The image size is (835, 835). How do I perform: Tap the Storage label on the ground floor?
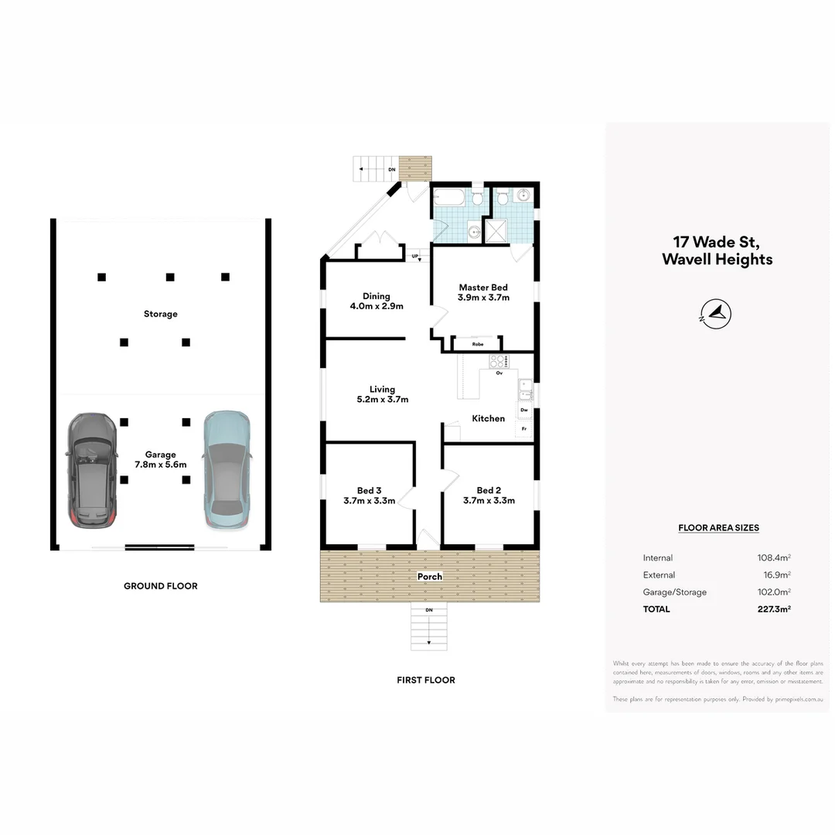(160, 314)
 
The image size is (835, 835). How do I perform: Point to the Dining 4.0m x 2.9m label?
(377, 301)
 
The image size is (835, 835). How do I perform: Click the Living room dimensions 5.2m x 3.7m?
(382, 400)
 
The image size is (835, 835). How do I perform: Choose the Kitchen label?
(488, 418)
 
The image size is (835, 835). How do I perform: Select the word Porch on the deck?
(430, 577)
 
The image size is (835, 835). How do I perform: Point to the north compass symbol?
(718, 313)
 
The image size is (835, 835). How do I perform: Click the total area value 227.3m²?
(773, 609)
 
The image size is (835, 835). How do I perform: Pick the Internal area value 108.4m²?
(773, 558)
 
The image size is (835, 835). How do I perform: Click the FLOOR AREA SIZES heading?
(718, 528)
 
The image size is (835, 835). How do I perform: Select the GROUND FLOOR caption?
(160, 586)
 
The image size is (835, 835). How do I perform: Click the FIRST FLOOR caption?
(426, 680)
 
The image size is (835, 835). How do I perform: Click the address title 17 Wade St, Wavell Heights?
(717, 251)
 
